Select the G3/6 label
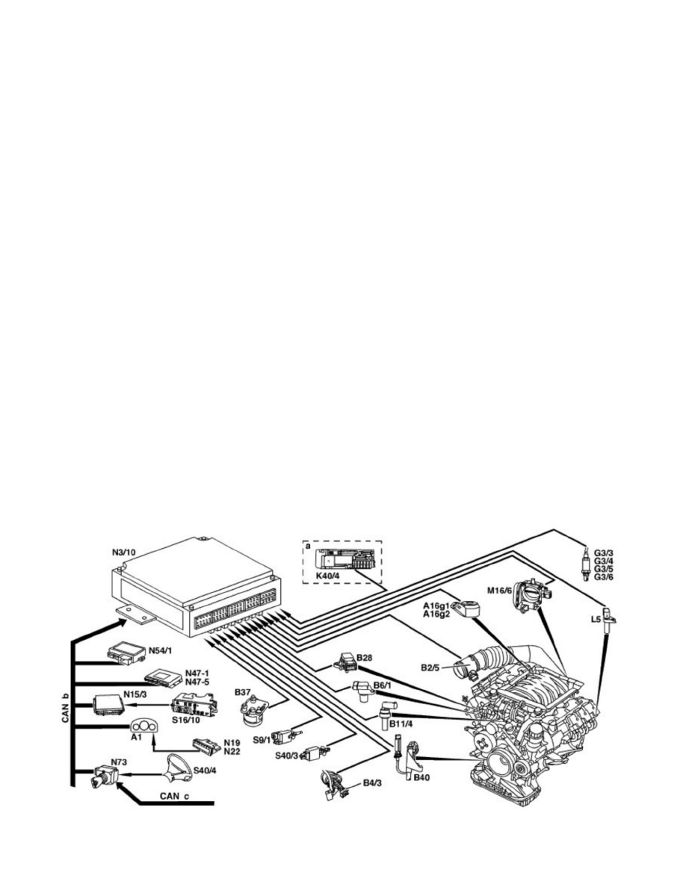[x=603, y=577]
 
